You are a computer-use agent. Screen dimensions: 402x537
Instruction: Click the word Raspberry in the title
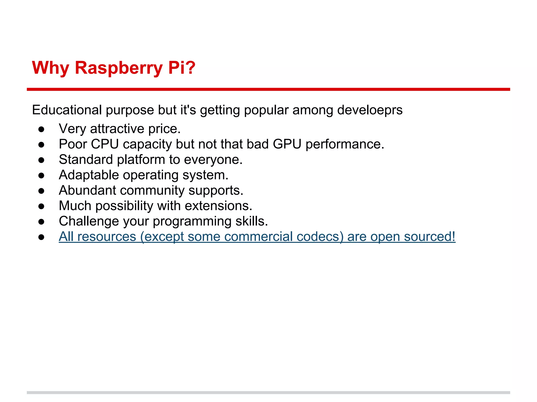[x=119, y=68]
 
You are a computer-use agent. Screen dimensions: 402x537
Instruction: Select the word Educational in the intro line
[x=67, y=110]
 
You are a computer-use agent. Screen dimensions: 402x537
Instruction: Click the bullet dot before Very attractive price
[x=41, y=129]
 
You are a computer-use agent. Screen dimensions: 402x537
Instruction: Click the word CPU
[x=105, y=144]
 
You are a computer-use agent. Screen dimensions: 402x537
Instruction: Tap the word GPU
[x=287, y=144]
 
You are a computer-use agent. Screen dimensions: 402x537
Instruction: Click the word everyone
[x=213, y=160]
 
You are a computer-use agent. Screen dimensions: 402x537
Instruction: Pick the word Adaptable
[x=89, y=175]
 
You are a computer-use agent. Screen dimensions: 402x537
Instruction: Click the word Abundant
[x=87, y=191]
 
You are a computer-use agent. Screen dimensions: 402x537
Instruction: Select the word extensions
[x=218, y=206]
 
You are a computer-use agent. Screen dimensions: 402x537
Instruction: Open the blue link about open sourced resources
[x=257, y=237]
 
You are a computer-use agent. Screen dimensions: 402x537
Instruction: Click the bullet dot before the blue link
[x=41, y=237]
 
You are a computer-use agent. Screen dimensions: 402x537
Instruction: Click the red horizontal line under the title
[x=268, y=90]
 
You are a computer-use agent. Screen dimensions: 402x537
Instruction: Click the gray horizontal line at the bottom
[x=268, y=393]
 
